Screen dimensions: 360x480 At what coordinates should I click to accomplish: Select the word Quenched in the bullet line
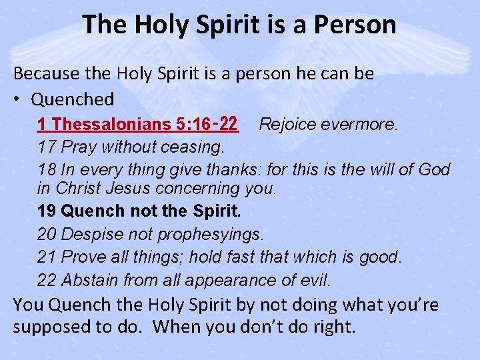(73, 99)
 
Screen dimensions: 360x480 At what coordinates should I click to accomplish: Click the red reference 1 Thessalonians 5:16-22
(137, 124)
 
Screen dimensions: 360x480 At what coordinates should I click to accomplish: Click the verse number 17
(46, 147)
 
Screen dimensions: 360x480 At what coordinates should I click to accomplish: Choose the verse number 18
(46, 169)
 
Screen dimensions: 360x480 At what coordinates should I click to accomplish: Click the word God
(434, 169)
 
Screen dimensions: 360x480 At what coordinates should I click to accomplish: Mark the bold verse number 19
(47, 211)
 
